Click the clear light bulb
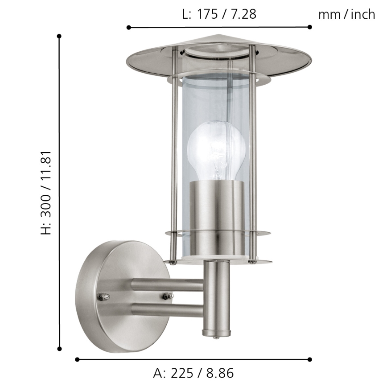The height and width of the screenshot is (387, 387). point(216,149)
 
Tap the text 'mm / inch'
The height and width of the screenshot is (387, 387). point(346,15)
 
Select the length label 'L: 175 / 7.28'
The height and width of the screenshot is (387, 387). point(219,14)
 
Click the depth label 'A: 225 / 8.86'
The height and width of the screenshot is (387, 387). point(193,373)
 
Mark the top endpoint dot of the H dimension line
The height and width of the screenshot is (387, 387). point(59,36)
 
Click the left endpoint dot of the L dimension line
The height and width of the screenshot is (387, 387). point(129,27)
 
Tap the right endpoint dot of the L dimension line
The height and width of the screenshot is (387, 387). point(309,27)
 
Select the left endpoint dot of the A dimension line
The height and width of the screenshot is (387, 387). point(77,359)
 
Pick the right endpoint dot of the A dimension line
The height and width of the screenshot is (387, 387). point(309,359)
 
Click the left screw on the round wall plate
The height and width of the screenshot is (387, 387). point(103,296)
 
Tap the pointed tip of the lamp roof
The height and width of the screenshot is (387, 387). point(218,36)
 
